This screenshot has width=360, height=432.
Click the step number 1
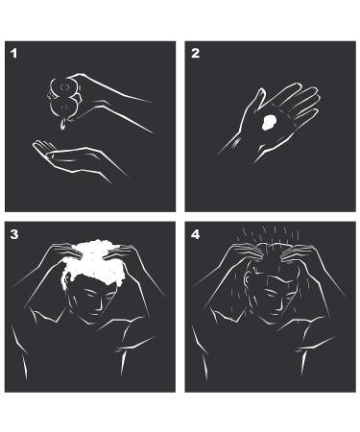[x=13, y=53]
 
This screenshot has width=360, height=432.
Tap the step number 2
[x=195, y=53]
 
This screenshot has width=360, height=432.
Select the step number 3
[x=14, y=234]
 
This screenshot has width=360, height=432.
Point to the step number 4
[x=195, y=234]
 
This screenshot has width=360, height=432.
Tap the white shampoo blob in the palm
[x=269, y=122]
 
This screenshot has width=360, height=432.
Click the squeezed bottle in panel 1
[x=63, y=98]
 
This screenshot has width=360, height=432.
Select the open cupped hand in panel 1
[x=79, y=159]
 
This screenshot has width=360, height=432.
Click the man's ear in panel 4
[x=248, y=279]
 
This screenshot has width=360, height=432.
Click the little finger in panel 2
[x=306, y=114]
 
